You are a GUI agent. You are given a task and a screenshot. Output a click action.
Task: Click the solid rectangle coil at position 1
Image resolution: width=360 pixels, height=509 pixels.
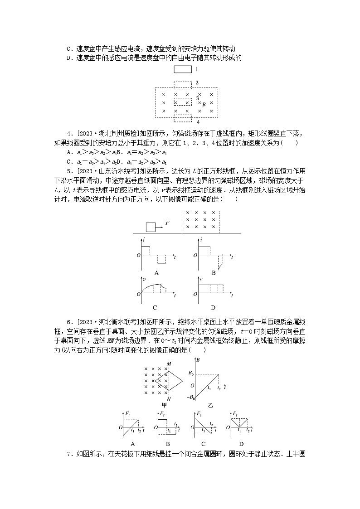click(183, 70)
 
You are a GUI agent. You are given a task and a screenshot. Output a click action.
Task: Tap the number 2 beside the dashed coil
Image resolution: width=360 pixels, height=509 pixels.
click(197, 83)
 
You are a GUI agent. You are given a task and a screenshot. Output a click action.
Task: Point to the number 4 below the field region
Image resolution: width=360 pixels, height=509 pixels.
click(198, 122)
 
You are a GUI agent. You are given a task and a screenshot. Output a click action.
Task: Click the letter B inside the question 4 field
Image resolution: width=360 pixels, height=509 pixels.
click(204, 105)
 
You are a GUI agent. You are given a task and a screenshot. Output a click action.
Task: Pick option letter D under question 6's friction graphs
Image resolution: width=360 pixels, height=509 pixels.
click(241, 444)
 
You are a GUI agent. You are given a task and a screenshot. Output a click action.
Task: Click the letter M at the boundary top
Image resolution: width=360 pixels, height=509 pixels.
click(169, 364)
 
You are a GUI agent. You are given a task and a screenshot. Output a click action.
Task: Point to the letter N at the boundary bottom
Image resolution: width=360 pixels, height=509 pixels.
click(169, 399)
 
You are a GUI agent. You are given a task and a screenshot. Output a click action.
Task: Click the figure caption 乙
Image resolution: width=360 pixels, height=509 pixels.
click(210, 405)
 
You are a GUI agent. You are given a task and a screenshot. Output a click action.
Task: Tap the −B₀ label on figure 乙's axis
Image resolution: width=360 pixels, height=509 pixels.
click(191, 398)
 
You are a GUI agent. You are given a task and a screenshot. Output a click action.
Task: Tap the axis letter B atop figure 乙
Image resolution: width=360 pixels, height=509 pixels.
click(198, 360)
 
